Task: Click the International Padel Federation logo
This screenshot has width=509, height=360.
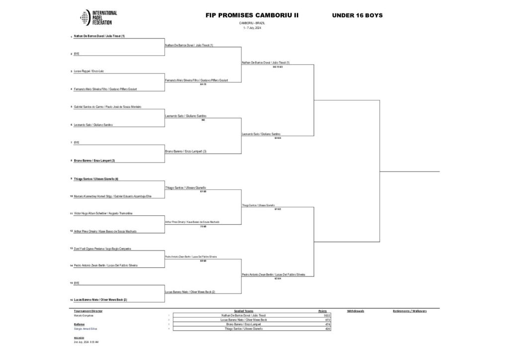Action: (98, 18)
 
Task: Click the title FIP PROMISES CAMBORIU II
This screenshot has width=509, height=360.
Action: (252, 15)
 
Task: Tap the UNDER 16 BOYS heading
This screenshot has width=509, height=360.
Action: (357, 15)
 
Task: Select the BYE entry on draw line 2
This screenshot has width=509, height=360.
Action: (77, 54)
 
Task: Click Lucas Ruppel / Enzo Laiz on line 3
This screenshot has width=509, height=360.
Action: (88, 72)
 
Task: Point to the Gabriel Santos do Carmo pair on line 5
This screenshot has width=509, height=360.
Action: (108, 107)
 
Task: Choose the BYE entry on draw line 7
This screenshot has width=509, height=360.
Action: (77, 143)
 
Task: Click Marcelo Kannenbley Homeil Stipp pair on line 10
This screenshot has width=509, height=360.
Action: (112, 196)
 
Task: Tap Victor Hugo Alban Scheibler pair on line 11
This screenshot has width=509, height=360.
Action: (103, 214)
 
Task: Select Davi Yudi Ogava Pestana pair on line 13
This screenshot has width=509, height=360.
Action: (102, 248)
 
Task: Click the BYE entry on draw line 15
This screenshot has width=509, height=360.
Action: (77, 283)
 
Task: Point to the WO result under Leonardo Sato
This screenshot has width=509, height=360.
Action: (203, 120)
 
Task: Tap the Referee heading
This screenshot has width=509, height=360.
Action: (79, 324)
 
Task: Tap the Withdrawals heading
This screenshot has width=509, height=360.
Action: (355, 311)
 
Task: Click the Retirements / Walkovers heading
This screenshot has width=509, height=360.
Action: (410, 311)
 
